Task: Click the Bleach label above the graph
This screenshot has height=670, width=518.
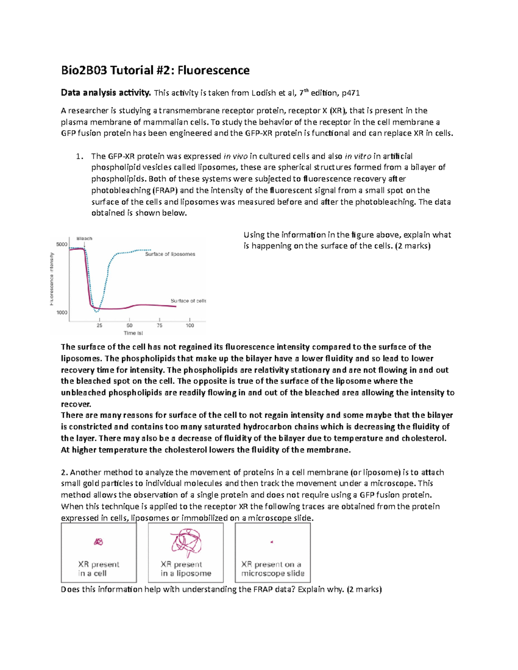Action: (x=84, y=239)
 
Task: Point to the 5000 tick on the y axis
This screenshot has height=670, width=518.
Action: (x=62, y=245)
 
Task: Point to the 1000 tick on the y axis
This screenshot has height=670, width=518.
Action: (x=62, y=312)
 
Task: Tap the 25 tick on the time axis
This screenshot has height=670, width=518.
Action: (x=99, y=325)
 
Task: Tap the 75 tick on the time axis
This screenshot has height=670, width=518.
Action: (x=159, y=325)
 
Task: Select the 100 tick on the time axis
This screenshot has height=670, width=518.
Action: (x=190, y=325)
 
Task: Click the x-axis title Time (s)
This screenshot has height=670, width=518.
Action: (x=133, y=333)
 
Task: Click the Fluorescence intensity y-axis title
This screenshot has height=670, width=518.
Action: (x=52, y=279)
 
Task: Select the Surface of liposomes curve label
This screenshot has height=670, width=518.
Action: (x=170, y=255)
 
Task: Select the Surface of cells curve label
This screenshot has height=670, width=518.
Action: (x=188, y=301)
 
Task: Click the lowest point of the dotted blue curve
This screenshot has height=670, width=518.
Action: (x=97, y=311)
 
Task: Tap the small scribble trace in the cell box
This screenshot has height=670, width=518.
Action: (x=99, y=542)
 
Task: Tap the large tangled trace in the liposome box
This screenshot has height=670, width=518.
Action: (x=186, y=542)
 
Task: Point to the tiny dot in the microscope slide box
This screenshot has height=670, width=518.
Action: (x=272, y=542)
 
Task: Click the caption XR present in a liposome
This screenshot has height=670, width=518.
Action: (x=186, y=569)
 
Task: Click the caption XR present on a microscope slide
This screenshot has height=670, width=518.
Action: (x=272, y=569)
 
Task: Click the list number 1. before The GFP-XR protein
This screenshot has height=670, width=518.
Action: (x=79, y=156)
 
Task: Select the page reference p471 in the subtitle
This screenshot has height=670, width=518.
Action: (x=351, y=93)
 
